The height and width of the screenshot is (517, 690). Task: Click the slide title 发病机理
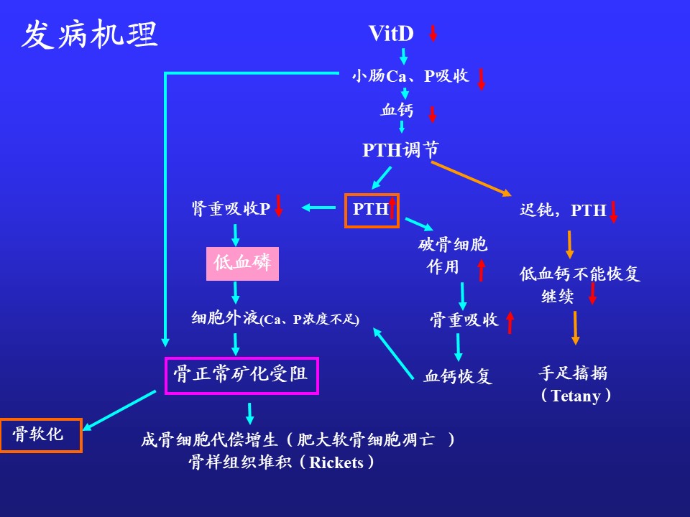(x=89, y=34)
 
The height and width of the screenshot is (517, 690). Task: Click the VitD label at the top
(x=391, y=34)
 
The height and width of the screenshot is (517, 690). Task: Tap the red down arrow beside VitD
(x=433, y=33)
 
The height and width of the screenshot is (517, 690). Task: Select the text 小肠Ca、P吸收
(x=410, y=76)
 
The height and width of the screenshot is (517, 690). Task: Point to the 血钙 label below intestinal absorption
(x=397, y=111)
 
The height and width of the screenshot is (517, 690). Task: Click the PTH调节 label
(x=400, y=150)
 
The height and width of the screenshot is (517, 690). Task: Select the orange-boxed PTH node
(x=372, y=210)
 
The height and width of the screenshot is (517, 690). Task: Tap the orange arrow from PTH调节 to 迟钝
(x=471, y=178)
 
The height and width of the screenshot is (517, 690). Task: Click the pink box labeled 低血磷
(x=242, y=264)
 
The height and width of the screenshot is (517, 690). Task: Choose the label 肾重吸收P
(x=231, y=209)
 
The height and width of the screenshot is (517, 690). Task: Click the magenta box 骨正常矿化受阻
(x=241, y=375)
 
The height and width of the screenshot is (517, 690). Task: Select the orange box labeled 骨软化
(x=41, y=434)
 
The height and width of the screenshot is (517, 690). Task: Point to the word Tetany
(x=576, y=396)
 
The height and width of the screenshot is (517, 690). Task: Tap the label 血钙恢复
(x=458, y=376)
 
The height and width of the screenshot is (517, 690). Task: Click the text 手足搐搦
(x=573, y=373)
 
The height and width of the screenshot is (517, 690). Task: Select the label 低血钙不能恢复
(x=580, y=274)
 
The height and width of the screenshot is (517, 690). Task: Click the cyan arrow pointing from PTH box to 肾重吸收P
(x=318, y=208)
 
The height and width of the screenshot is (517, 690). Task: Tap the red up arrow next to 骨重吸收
(x=510, y=322)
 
